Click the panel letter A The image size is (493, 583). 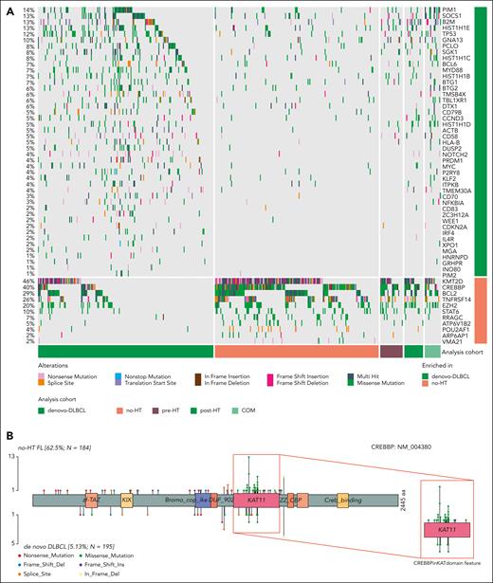click(7, 7)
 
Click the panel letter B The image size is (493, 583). click(7, 413)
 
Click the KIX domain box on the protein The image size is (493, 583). click(126, 498)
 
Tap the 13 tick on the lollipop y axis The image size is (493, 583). click(12, 458)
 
